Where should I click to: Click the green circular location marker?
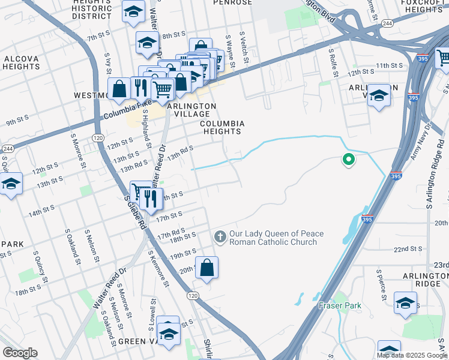coord(348,160)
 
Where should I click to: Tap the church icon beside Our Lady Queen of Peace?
coord(220,237)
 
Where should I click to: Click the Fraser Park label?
coord(340,305)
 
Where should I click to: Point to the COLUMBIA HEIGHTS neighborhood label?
coord(222,127)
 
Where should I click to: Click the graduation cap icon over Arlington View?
coord(379,95)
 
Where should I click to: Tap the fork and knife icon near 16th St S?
coord(150,198)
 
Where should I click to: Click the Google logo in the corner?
coord(20,353)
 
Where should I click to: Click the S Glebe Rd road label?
coord(136,212)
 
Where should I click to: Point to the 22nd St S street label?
coord(409,248)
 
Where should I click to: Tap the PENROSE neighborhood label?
coord(232,3)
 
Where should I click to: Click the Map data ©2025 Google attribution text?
coord(412,355)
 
